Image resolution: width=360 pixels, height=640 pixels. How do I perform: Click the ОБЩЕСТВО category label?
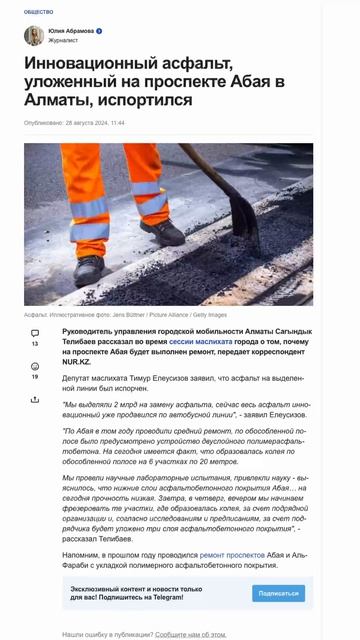click(x=38, y=11)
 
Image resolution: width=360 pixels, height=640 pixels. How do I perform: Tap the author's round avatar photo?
click(x=34, y=36)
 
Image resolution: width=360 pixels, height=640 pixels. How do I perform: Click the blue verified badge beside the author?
click(x=99, y=31)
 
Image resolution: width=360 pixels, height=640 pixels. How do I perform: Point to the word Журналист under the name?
click(x=65, y=41)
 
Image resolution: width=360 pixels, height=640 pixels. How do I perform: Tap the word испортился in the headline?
click(x=146, y=100)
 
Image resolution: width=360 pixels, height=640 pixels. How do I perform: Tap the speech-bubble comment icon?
click(x=35, y=333)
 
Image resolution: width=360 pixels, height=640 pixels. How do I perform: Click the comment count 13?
click(x=35, y=344)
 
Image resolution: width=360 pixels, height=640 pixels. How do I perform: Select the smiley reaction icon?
click(x=35, y=367)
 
